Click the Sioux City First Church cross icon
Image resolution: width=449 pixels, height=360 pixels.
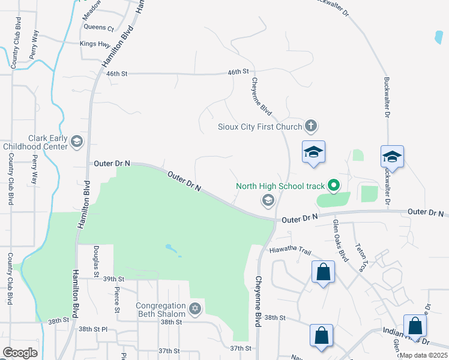point(310,126)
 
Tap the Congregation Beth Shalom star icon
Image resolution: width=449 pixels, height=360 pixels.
point(194,309)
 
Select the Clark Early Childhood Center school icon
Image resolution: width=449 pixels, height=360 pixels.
point(76,141)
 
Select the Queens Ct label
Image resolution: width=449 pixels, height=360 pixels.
point(99,28)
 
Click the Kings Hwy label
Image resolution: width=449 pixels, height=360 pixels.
point(95,44)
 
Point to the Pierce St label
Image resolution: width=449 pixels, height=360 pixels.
point(116,298)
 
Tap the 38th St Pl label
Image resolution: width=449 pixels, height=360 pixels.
point(92,329)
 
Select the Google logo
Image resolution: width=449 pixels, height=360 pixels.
point(20,352)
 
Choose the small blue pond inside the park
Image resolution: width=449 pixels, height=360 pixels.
point(172,248)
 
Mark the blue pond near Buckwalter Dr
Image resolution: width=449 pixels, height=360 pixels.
point(439,37)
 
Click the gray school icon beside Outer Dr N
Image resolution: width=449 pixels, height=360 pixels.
point(268,200)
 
